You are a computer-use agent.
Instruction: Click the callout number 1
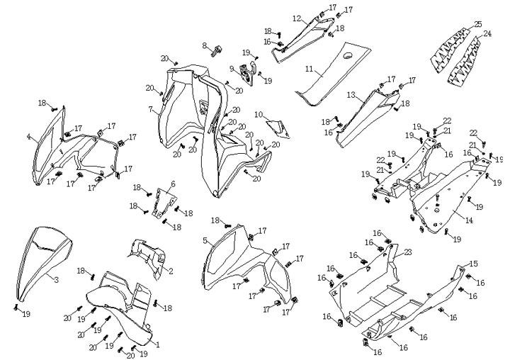click(x=157, y=345)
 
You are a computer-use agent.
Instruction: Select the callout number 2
click(x=171, y=271)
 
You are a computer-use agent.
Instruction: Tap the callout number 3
click(x=56, y=279)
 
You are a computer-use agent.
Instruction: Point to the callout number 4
click(x=28, y=137)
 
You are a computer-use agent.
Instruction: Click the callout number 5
click(x=205, y=241)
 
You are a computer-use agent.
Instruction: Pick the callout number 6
click(x=173, y=184)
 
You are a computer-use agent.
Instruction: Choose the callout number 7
click(x=150, y=110)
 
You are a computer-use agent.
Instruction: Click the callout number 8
click(x=204, y=46)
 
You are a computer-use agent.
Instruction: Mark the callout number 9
click(x=232, y=69)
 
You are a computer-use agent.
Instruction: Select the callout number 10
click(x=259, y=114)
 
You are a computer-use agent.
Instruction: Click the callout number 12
click(x=297, y=18)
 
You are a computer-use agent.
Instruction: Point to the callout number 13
click(x=351, y=94)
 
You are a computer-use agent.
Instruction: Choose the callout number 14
click(x=468, y=221)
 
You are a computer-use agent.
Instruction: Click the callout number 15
click(x=474, y=263)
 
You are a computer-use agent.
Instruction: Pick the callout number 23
click(x=408, y=252)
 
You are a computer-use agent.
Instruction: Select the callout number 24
click(x=487, y=34)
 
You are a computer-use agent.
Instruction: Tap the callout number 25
click(x=477, y=24)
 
